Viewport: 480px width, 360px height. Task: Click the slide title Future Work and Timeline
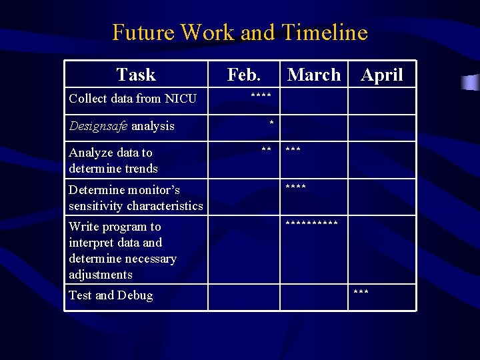coord(239,32)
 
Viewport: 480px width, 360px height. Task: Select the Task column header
coord(136,75)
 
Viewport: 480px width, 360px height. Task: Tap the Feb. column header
coord(244,75)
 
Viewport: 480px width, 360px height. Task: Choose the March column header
coord(313,75)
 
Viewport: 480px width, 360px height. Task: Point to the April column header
coord(382,75)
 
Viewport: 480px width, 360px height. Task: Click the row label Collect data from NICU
coord(133,99)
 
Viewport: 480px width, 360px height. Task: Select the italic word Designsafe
coord(98,126)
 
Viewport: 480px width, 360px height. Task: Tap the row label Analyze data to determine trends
coord(113,161)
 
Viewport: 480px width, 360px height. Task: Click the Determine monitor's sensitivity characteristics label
coord(135,198)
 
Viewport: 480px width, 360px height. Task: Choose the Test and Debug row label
coord(111,295)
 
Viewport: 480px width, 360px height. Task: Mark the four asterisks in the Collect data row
coord(261,97)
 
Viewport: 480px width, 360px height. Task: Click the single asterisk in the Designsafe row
coord(271,123)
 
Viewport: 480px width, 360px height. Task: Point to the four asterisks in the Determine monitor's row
coord(296,188)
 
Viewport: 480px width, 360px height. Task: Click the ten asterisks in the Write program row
coord(311,225)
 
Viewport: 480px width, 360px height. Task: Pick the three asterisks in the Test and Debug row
coord(361,293)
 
